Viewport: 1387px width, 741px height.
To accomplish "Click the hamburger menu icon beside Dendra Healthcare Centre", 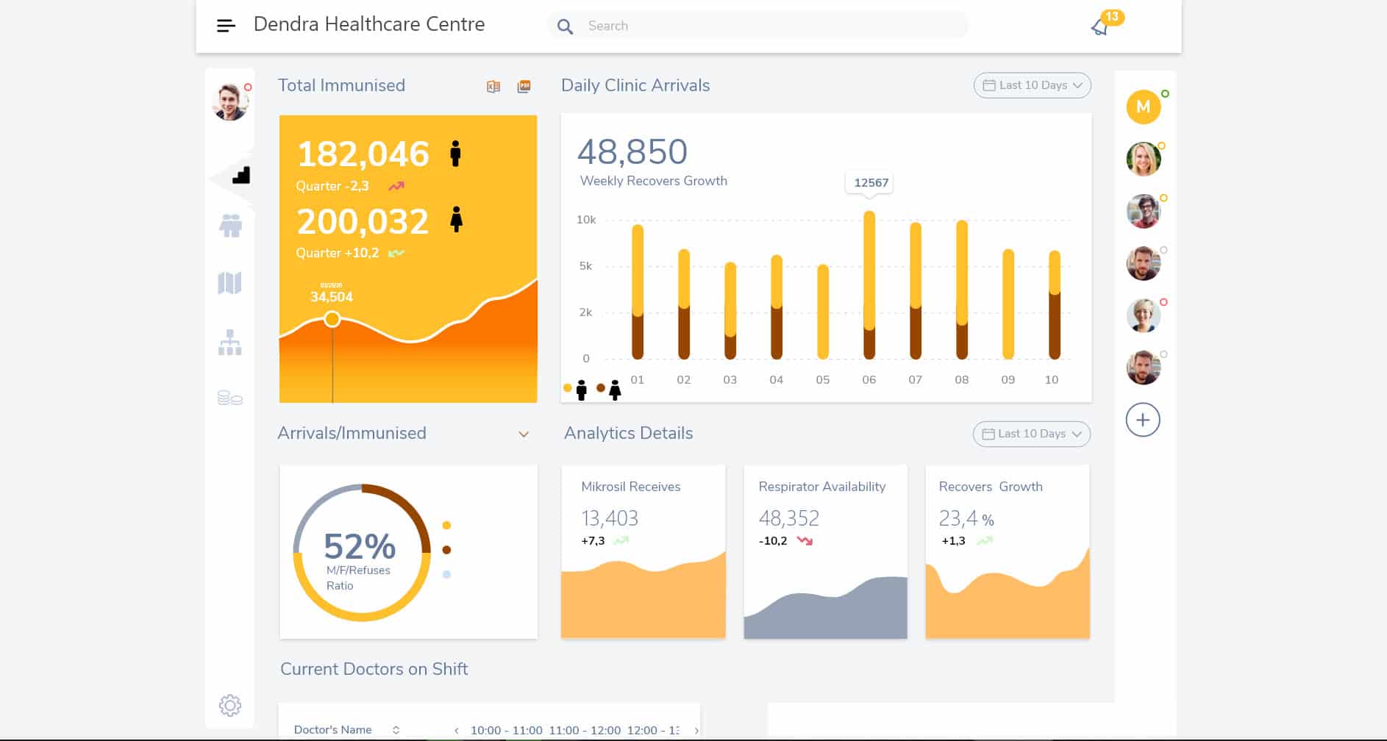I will [x=226, y=26].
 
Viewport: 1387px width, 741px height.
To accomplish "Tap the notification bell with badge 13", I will [x=1100, y=27].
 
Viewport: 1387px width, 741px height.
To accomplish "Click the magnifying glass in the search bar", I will [x=565, y=26].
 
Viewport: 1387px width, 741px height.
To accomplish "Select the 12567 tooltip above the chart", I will [x=871, y=182].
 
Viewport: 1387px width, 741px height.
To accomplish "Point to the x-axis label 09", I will [x=1008, y=380].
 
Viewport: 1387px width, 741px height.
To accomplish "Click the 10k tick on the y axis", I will [x=586, y=220].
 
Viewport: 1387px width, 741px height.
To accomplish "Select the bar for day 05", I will [x=823, y=312].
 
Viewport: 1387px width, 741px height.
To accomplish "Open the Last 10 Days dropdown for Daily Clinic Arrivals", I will [x=1032, y=85].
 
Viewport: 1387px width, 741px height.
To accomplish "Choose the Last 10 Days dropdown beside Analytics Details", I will [x=1031, y=434].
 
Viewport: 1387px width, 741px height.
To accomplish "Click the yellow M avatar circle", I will [x=1143, y=107].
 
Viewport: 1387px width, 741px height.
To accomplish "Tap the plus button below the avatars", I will [x=1143, y=420].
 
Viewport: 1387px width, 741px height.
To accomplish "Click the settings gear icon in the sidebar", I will [x=230, y=706].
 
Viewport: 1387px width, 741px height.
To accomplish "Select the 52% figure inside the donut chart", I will [x=360, y=546].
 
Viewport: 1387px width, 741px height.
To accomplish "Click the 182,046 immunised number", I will [x=363, y=154].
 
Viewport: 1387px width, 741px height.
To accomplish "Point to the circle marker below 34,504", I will [x=332, y=319].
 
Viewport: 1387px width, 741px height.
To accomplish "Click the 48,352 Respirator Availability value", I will [x=788, y=519].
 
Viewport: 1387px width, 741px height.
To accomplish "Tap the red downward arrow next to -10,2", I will [x=805, y=541].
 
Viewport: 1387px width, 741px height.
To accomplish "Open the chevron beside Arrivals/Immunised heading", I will [x=524, y=434].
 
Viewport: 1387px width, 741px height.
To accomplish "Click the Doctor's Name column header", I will [x=333, y=730].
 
